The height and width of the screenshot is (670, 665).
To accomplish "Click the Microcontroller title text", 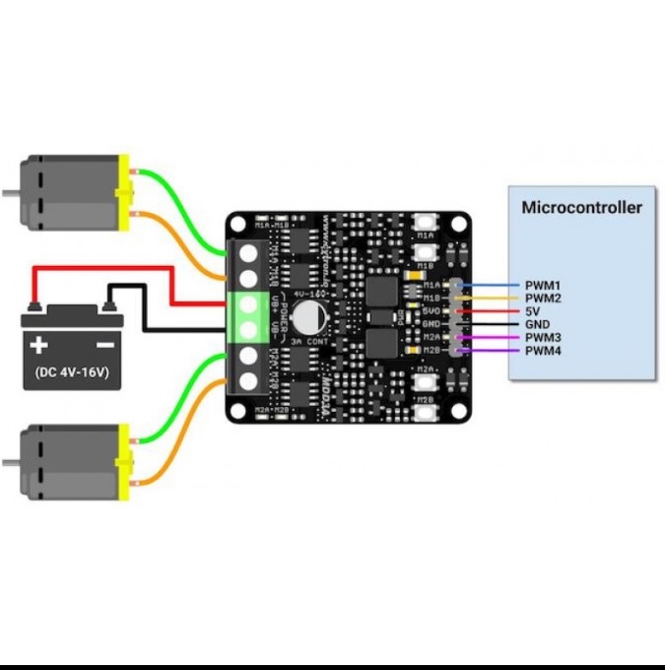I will tap(581, 207).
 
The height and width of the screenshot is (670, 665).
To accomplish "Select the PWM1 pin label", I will tap(542, 285).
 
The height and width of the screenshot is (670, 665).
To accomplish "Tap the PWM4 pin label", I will tap(542, 350).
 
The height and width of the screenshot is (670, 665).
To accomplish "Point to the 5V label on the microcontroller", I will tap(533, 311).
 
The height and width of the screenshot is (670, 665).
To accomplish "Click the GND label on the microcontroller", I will tap(537, 324).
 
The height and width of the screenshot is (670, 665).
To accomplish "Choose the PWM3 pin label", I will tap(542, 337).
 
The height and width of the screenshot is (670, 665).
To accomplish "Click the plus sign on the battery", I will tap(38, 345).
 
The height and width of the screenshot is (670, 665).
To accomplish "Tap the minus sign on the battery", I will tap(102, 345).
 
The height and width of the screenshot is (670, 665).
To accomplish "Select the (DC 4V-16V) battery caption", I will tap(70, 374).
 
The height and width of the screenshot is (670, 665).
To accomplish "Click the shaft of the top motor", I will tap(10, 193).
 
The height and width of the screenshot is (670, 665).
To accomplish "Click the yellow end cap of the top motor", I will tap(124, 193).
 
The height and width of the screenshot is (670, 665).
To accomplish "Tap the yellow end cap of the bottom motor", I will tap(124, 463).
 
